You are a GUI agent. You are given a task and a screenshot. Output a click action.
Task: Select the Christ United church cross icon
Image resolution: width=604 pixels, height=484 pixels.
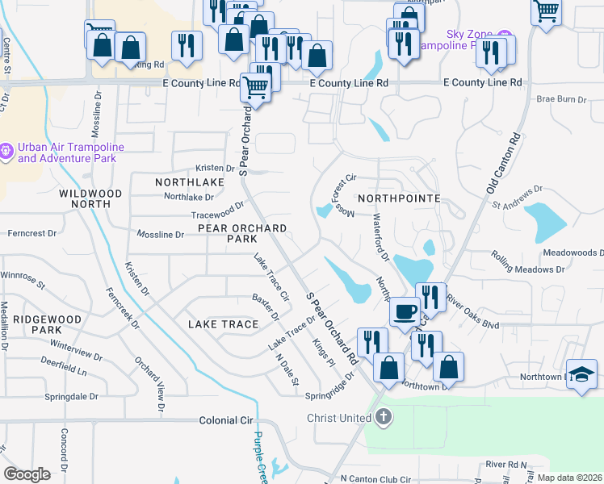pos(383,418)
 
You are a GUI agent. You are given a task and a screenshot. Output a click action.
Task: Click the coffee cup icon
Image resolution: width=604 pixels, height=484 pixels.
pos(405,311)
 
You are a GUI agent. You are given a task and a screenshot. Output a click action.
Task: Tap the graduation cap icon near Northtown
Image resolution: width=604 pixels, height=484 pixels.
pos(581,374)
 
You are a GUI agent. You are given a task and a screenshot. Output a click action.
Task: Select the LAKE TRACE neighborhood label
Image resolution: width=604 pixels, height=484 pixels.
pos(223,324)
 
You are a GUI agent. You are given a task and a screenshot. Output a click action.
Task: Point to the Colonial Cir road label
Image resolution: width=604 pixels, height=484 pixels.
pos(225,421)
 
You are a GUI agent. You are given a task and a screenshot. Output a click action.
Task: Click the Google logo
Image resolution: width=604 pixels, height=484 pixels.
pos(27,474)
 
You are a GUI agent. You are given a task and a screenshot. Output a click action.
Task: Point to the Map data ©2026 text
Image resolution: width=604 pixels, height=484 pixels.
pos(569,478)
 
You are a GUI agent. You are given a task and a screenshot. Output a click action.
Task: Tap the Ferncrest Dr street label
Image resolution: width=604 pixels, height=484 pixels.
pos(31,233)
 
